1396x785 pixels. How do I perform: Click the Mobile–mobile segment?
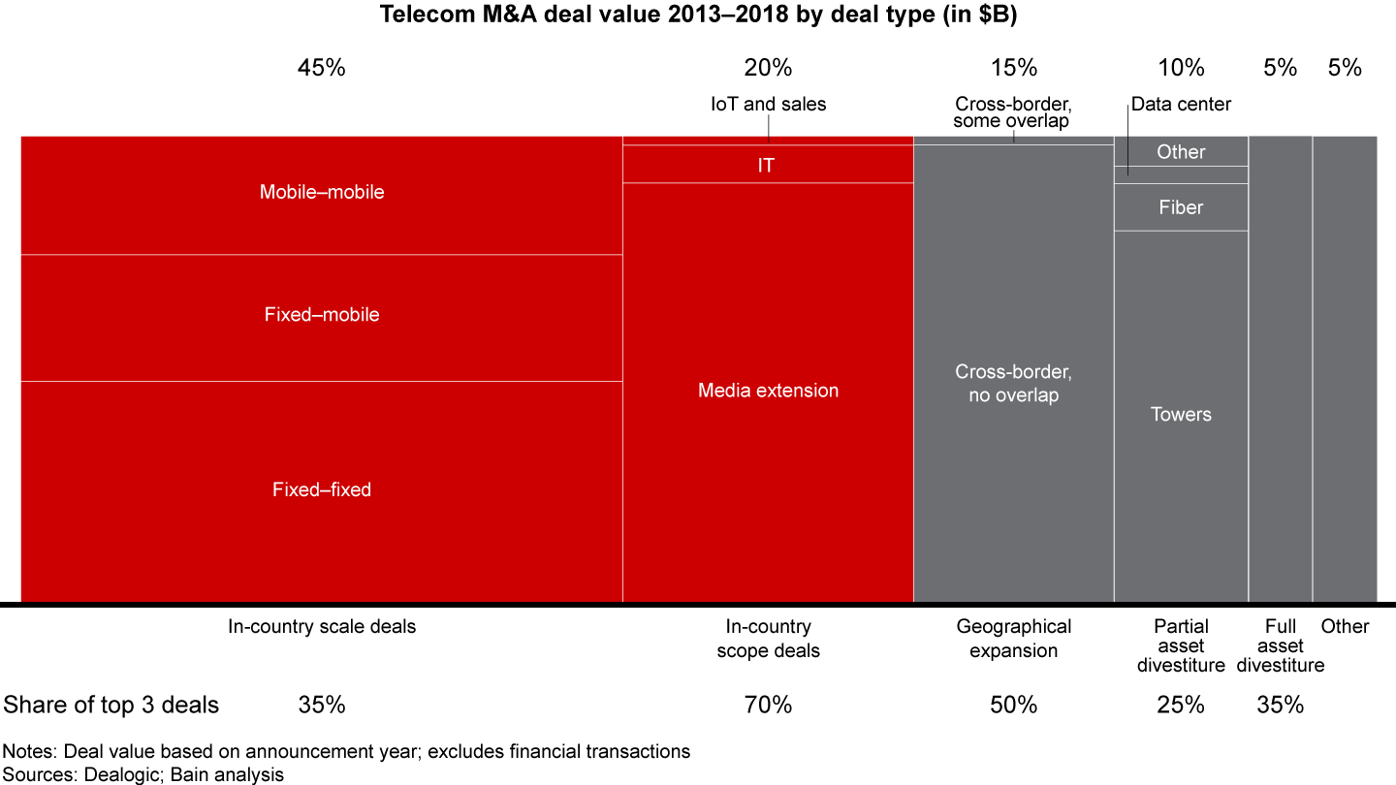pyautogui.click(x=321, y=193)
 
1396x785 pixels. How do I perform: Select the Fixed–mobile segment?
pyautogui.click(x=321, y=315)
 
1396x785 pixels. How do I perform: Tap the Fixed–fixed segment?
pyautogui.click(x=321, y=490)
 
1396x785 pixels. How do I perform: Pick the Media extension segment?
pyautogui.click(x=768, y=391)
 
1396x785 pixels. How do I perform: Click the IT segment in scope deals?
pyautogui.click(x=766, y=166)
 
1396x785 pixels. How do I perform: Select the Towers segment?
pyautogui.click(x=1180, y=415)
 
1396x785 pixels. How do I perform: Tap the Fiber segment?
pyautogui.click(x=1180, y=207)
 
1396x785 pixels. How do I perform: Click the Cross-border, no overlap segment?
pyautogui.click(x=1013, y=384)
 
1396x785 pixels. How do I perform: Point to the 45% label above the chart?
pyautogui.click(x=321, y=68)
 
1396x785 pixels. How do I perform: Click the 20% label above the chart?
pyautogui.click(x=768, y=68)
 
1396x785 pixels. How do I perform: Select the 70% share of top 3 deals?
pyautogui.click(x=768, y=706)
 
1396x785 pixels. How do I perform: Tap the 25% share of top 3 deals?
pyautogui.click(x=1181, y=706)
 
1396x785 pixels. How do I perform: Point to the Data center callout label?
pyautogui.click(x=1181, y=104)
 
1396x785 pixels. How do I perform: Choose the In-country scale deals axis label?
pyautogui.click(x=321, y=627)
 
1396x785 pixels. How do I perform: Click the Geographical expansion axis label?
pyautogui.click(x=1013, y=639)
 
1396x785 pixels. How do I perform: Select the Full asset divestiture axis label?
pyautogui.click(x=1280, y=646)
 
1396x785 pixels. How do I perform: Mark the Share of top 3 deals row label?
pyautogui.click(x=111, y=706)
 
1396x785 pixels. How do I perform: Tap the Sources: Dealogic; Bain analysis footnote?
pyautogui.click(x=143, y=773)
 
